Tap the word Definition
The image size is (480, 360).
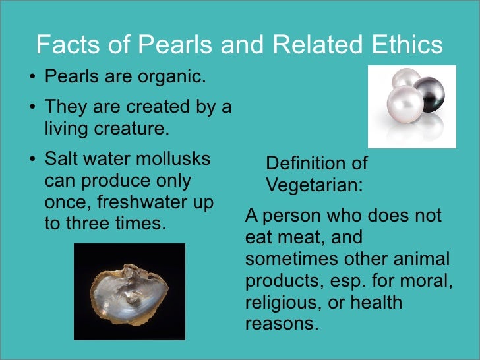tap(307, 164)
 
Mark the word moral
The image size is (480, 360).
tap(429, 281)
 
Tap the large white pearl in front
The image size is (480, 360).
tap(405, 106)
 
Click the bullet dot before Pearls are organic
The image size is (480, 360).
tap(33, 78)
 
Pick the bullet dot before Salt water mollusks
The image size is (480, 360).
tap(33, 160)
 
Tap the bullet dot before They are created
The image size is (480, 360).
tap(33, 106)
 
